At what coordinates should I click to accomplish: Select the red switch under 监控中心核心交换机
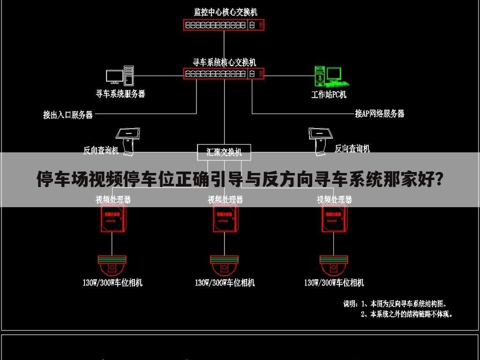coord(224,25)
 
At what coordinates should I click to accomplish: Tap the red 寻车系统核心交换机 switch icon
coord(224,73)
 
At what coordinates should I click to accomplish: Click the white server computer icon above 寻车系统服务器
coord(120,76)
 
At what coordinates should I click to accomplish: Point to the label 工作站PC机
coord(329,94)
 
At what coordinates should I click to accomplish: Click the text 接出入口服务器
coord(68,114)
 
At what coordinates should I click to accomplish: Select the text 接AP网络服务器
coord(379,113)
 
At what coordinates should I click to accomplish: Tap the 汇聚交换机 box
coord(224,152)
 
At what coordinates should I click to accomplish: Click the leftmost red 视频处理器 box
coord(112,218)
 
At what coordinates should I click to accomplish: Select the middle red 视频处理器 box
coord(225,218)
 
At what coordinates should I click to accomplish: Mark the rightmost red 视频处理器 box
coord(334,218)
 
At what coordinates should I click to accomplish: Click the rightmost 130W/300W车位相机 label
coord(334,283)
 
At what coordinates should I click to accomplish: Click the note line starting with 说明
coord(398,304)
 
